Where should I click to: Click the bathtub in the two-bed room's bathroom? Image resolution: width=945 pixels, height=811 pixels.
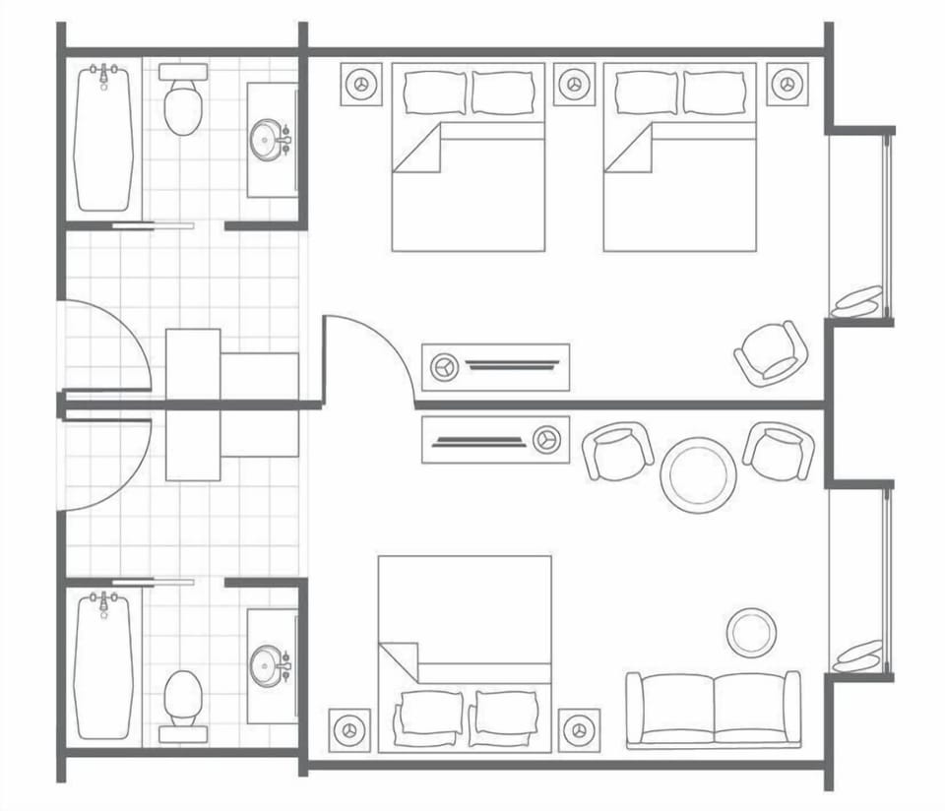click(103, 138)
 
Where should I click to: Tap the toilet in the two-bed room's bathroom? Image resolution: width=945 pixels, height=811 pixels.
click(183, 104)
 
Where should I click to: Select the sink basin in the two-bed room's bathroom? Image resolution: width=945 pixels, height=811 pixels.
click(267, 140)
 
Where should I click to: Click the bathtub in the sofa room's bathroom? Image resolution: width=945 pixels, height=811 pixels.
click(103, 665)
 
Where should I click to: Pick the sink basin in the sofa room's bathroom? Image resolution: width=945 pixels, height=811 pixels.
click(267, 665)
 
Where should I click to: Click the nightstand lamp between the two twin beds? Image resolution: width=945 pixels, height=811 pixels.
click(574, 85)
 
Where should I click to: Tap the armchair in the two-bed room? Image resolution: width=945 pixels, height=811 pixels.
click(772, 352)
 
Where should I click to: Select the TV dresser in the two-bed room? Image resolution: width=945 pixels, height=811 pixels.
click(496, 366)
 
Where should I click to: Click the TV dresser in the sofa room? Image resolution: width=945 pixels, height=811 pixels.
click(496, 439)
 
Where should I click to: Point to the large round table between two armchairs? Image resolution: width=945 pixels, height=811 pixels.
click(698, 474)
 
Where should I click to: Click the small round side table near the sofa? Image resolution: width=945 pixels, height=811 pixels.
click(751, 632)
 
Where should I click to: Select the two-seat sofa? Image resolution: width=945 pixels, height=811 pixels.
click(714, 709)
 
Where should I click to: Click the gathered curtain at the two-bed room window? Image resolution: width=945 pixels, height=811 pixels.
click(856, 302)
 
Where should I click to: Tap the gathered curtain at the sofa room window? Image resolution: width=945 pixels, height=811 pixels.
click(856, 655)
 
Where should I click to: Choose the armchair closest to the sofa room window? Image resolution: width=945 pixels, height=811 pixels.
click(779, 451)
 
